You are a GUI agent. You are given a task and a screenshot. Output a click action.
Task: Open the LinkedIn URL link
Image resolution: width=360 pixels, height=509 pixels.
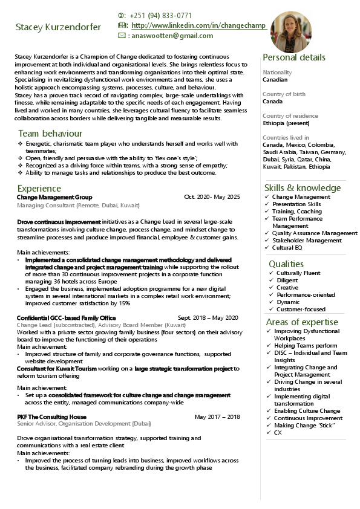(198, 25)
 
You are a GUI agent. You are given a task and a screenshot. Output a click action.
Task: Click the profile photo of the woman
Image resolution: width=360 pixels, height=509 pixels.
(290, 31)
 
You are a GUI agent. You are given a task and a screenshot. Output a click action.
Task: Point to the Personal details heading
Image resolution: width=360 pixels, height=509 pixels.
(293, 57)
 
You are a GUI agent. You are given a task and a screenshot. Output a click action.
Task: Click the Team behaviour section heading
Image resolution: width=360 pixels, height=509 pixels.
(50, 134)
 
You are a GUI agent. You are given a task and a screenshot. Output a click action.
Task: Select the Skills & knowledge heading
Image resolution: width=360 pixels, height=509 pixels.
(303, 188)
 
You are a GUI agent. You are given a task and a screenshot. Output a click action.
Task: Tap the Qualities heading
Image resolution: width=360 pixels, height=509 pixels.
(286, 264)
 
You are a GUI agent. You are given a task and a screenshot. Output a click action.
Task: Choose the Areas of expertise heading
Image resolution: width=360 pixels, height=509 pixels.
(302, 322)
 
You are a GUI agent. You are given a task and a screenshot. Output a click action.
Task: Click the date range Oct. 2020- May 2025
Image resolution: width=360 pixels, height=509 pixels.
(212, 197)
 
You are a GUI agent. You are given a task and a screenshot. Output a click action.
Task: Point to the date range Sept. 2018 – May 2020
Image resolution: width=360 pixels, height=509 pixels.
(208, 317)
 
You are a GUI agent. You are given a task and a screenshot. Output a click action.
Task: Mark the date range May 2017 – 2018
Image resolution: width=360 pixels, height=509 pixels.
(217, 417)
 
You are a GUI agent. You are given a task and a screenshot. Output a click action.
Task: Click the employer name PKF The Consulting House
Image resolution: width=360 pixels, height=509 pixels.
(51, 417)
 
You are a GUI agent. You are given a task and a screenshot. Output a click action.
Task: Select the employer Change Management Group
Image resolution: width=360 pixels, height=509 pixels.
(54, 197)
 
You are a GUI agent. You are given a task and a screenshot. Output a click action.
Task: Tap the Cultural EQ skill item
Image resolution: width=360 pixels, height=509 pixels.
(287, 248)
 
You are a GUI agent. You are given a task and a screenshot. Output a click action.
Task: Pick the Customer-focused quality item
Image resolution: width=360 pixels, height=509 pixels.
(301, 310)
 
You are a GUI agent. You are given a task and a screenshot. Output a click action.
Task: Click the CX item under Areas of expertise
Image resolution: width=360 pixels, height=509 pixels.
(278, 433)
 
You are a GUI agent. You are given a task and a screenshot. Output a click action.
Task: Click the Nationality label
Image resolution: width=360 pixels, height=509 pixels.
(277, 73)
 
